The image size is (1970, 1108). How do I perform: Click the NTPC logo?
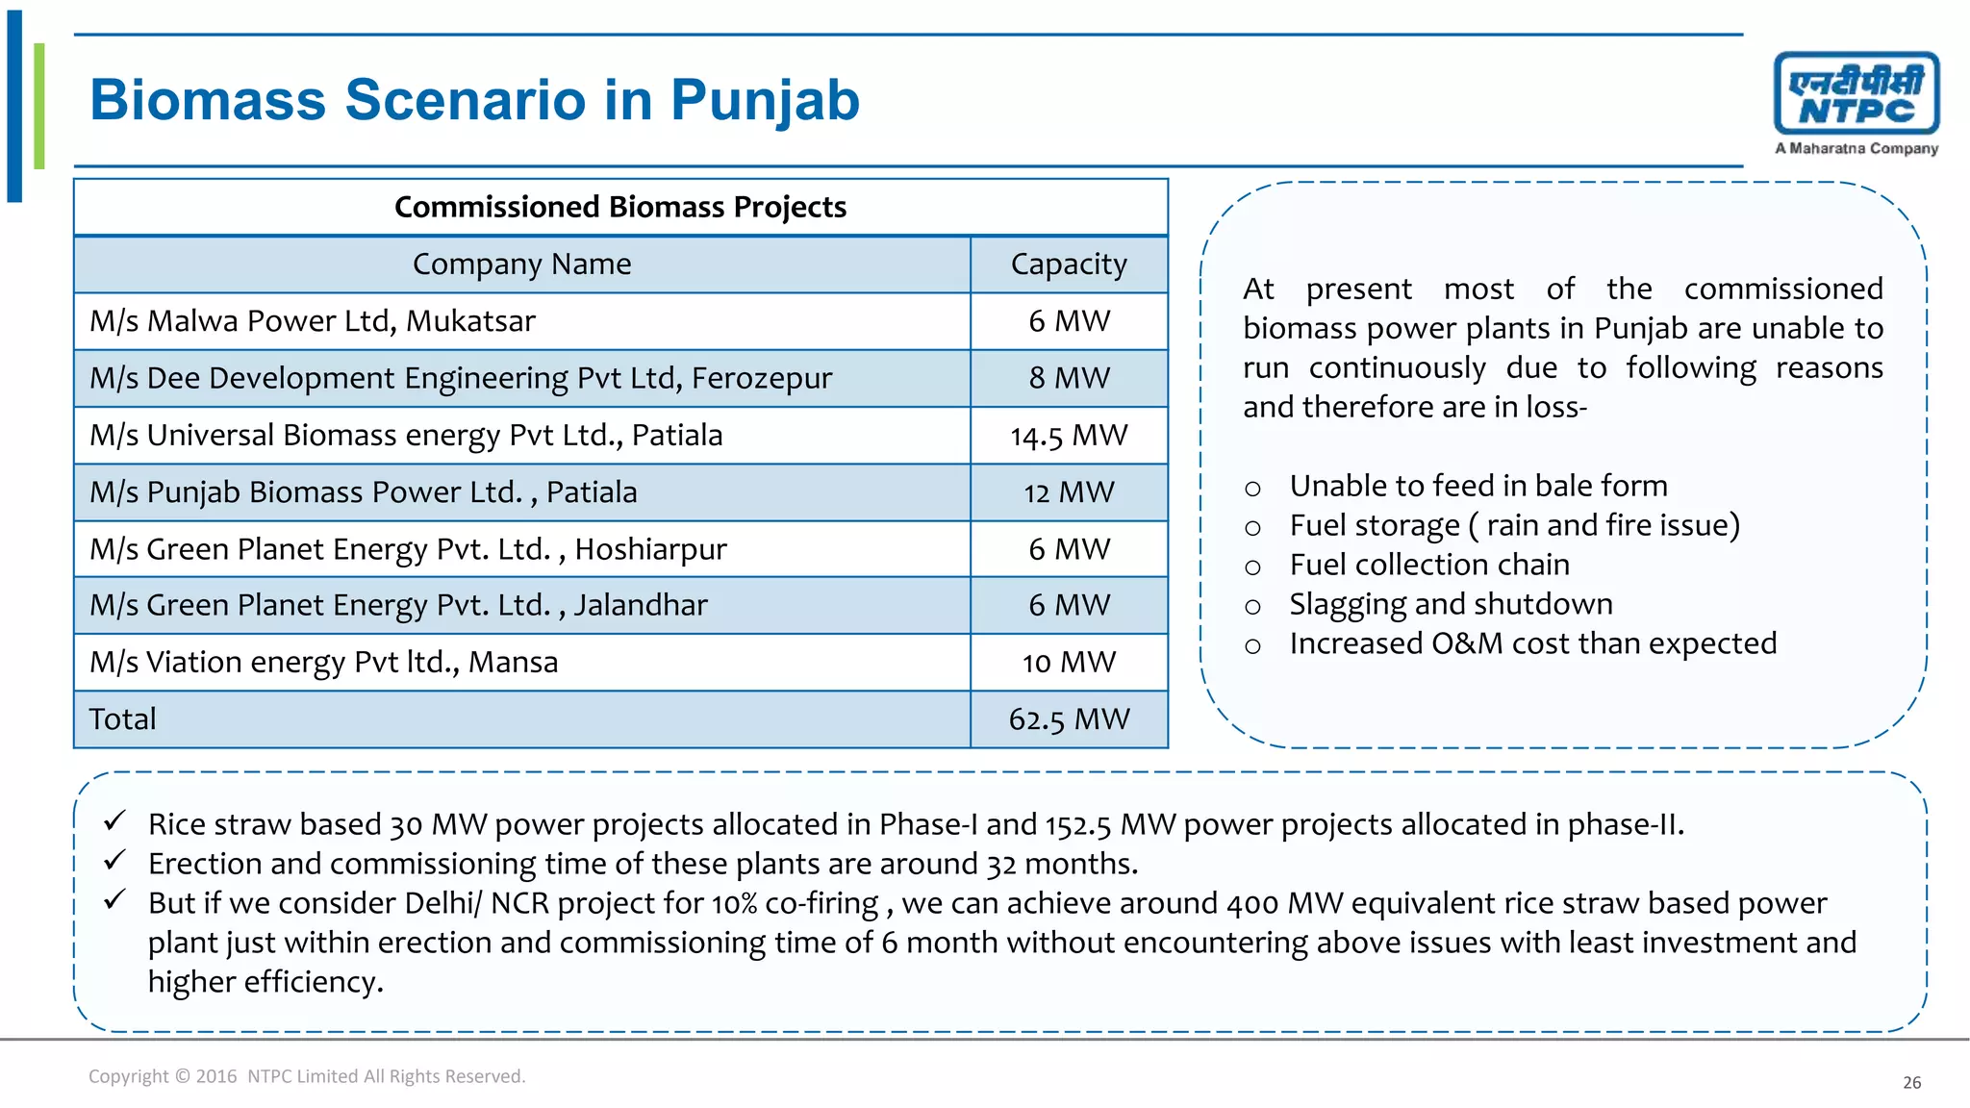pyautogui.click(x=1856, y=94)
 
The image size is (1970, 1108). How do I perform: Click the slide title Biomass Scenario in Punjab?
pyautogui.click(x=474, y=100)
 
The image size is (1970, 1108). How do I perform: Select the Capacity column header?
pyautogui.click(x=1069, y=264)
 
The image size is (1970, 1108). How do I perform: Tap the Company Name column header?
pyautogui.click(x=521, y=264)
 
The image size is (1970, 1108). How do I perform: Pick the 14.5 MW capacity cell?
pyautogui.click(x=1069, y=436)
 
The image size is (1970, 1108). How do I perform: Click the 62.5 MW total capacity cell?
pyautogui.click(x=1069, y=719)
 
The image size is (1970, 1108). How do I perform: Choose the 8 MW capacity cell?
pyautogui.click(x=1069, y=378)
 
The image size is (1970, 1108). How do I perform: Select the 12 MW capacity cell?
pyautogui.click(x=1069, y=492)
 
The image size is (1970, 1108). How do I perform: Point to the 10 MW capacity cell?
pyautogui.click(x=1069, y=663)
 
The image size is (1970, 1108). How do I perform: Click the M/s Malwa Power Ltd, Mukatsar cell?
pyautogui.click(x=313, y=321)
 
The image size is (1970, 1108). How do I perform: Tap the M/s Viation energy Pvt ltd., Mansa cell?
pyautogui.click(x=323, y=663)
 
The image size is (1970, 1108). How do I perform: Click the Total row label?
pyautogui.click(x=122, y=719)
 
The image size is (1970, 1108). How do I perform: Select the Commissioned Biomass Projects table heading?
pyautogui.click(x=620, y=207)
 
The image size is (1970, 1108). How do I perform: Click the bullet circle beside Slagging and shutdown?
pyautogui.click(x=1252, y=607)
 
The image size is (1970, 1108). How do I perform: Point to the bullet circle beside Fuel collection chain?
pyautogui.click(x=1252, y=567)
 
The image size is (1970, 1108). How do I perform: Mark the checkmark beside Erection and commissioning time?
pyautogui.click(x=115, y=860)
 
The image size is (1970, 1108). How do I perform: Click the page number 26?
pyautogui.click(x=1911, y=1083)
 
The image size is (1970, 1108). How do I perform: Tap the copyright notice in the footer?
pyautogui.click(x=307, y=1076)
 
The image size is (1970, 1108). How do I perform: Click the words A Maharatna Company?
pyautogui.click(x=1856, y=149)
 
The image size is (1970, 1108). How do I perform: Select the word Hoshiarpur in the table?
pyautogui.click(x=650, y=549)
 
